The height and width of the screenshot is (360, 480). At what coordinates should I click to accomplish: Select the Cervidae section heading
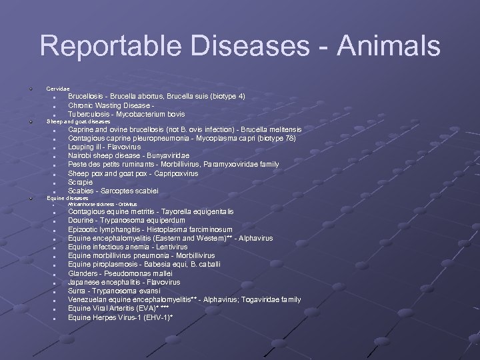[57, 89]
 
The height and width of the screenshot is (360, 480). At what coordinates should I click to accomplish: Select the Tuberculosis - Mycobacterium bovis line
[127, 114]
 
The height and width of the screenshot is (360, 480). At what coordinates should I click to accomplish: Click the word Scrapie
[82, 182]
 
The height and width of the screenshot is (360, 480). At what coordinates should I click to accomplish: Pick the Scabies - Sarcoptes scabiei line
[113, 191]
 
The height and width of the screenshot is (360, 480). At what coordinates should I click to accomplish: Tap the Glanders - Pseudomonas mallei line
[120, 273]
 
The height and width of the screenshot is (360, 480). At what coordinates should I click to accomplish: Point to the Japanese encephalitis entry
[124, 282]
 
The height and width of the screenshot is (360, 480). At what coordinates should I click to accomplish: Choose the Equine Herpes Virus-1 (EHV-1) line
[120, 317]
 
